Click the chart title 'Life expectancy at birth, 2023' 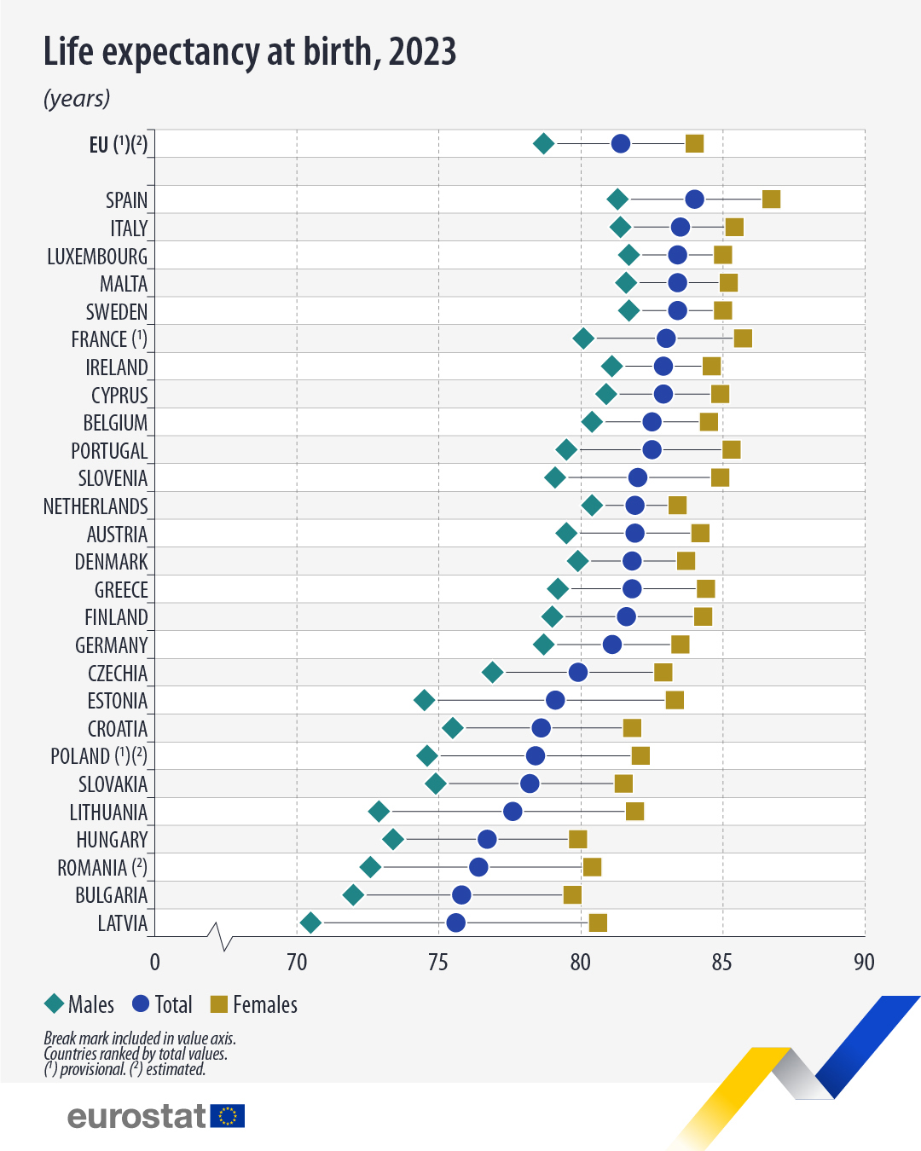click(249, 52)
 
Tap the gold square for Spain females click(771, 200)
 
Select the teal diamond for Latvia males click(310, 923)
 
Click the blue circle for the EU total click(621, 143)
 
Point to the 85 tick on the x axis click(721, 963)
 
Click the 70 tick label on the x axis click(297, 963)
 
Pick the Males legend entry click(79, 1004)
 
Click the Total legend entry click(163, 1004)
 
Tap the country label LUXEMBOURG click(97, 257)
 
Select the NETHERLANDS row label click(96, 506)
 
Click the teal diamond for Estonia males click(424, 700)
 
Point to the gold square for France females click(743, 338)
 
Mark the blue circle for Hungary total click(487, 839)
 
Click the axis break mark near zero click(220, 936)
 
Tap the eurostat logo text click(136, 1116)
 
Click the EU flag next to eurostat click(228, 1116)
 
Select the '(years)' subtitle click(77, 99)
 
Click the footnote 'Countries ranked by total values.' click(136, 1054)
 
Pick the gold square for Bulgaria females click(572, 894)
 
